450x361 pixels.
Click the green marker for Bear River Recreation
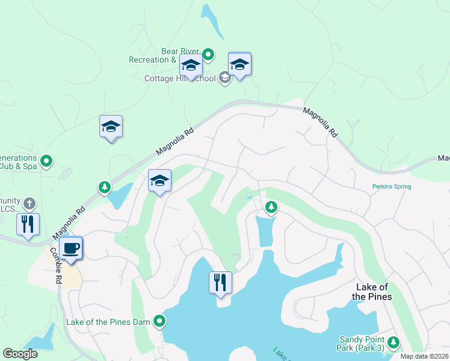point(208,55)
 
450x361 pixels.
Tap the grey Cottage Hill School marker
point(224,78)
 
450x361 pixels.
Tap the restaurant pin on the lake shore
point(220,282)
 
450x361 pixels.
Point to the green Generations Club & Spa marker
point(46,161)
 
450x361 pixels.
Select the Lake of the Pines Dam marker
point(159,322)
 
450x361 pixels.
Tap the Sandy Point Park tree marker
point(393,342)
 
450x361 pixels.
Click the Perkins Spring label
point(391,187)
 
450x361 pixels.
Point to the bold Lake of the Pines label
point(372,292)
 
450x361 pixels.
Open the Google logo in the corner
point(20,354)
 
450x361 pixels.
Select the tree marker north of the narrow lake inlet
point(271,208)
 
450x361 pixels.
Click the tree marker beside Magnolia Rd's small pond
point(105,187)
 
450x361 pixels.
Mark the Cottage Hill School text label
point(180,78)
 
